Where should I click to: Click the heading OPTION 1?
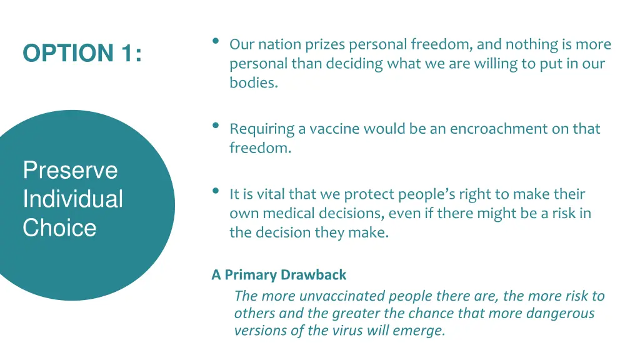coord(82,54)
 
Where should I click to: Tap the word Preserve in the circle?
coord(70,170)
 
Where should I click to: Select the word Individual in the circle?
coord(72,199)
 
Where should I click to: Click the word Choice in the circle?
coord(59,227)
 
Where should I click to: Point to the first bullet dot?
coord(215,41)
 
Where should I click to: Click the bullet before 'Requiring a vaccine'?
coord(215,126)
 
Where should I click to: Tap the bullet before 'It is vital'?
coord(215,191)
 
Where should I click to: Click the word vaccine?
coord(334,129)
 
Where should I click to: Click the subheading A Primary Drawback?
coord(279,274)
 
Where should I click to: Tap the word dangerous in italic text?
coord(557,313)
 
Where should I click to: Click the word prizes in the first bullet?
coord(326,44)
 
